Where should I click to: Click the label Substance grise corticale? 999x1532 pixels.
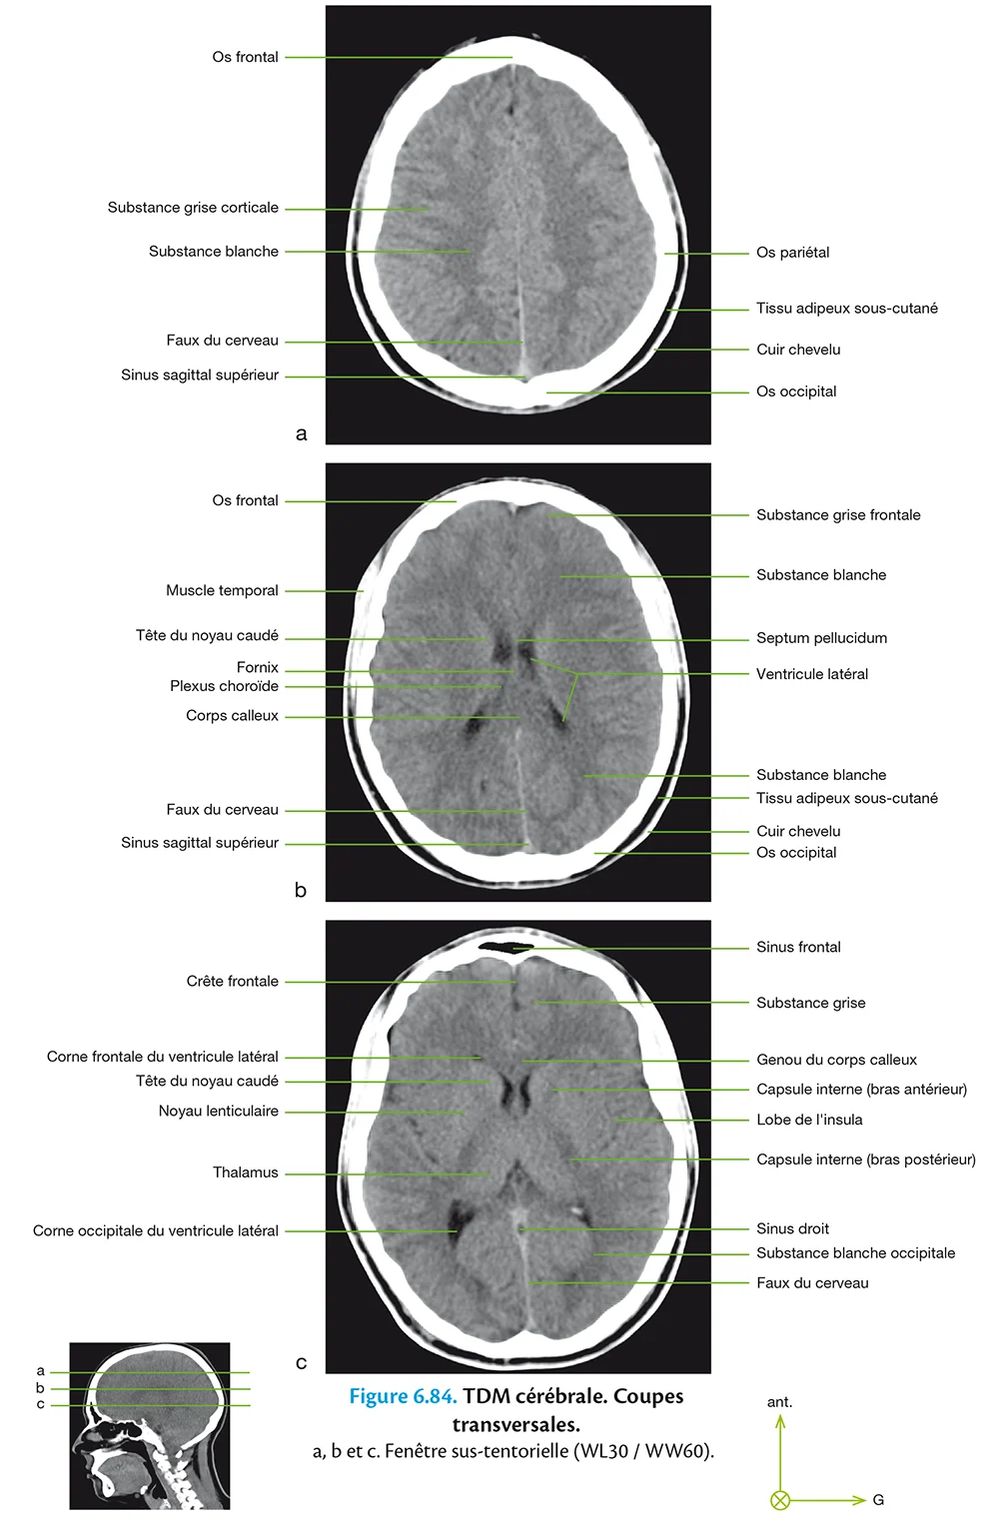coord(193,208)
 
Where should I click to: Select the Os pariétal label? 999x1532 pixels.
coord(792,253)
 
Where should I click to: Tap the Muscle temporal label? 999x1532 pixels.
coord(222,590)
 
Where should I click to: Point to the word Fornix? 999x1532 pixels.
coord(257,667)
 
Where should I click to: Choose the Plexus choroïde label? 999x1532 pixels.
coord(224,686)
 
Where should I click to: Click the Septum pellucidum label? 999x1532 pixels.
coord(821,638)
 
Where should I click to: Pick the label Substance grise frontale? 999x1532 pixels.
coord(838,515)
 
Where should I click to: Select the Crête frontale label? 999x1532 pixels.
coord(232,982)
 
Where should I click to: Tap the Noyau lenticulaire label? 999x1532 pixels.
coord(218,1111)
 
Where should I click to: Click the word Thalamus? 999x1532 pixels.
coord(245,1172)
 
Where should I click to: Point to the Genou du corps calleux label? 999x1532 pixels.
coord(836,1060)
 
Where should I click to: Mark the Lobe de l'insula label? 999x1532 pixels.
coord(809,1120)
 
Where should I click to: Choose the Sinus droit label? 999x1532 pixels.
coord(792,1228)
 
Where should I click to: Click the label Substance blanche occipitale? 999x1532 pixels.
coord(855,1253)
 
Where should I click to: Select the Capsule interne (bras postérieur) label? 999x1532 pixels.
coord(865,1159)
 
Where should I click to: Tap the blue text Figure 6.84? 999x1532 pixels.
coord(403,1396)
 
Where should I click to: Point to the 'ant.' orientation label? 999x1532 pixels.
coord(779,1402)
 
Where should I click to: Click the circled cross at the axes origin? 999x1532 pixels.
coord(780,1500)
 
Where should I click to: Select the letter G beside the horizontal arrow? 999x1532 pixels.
coord(878,1500)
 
